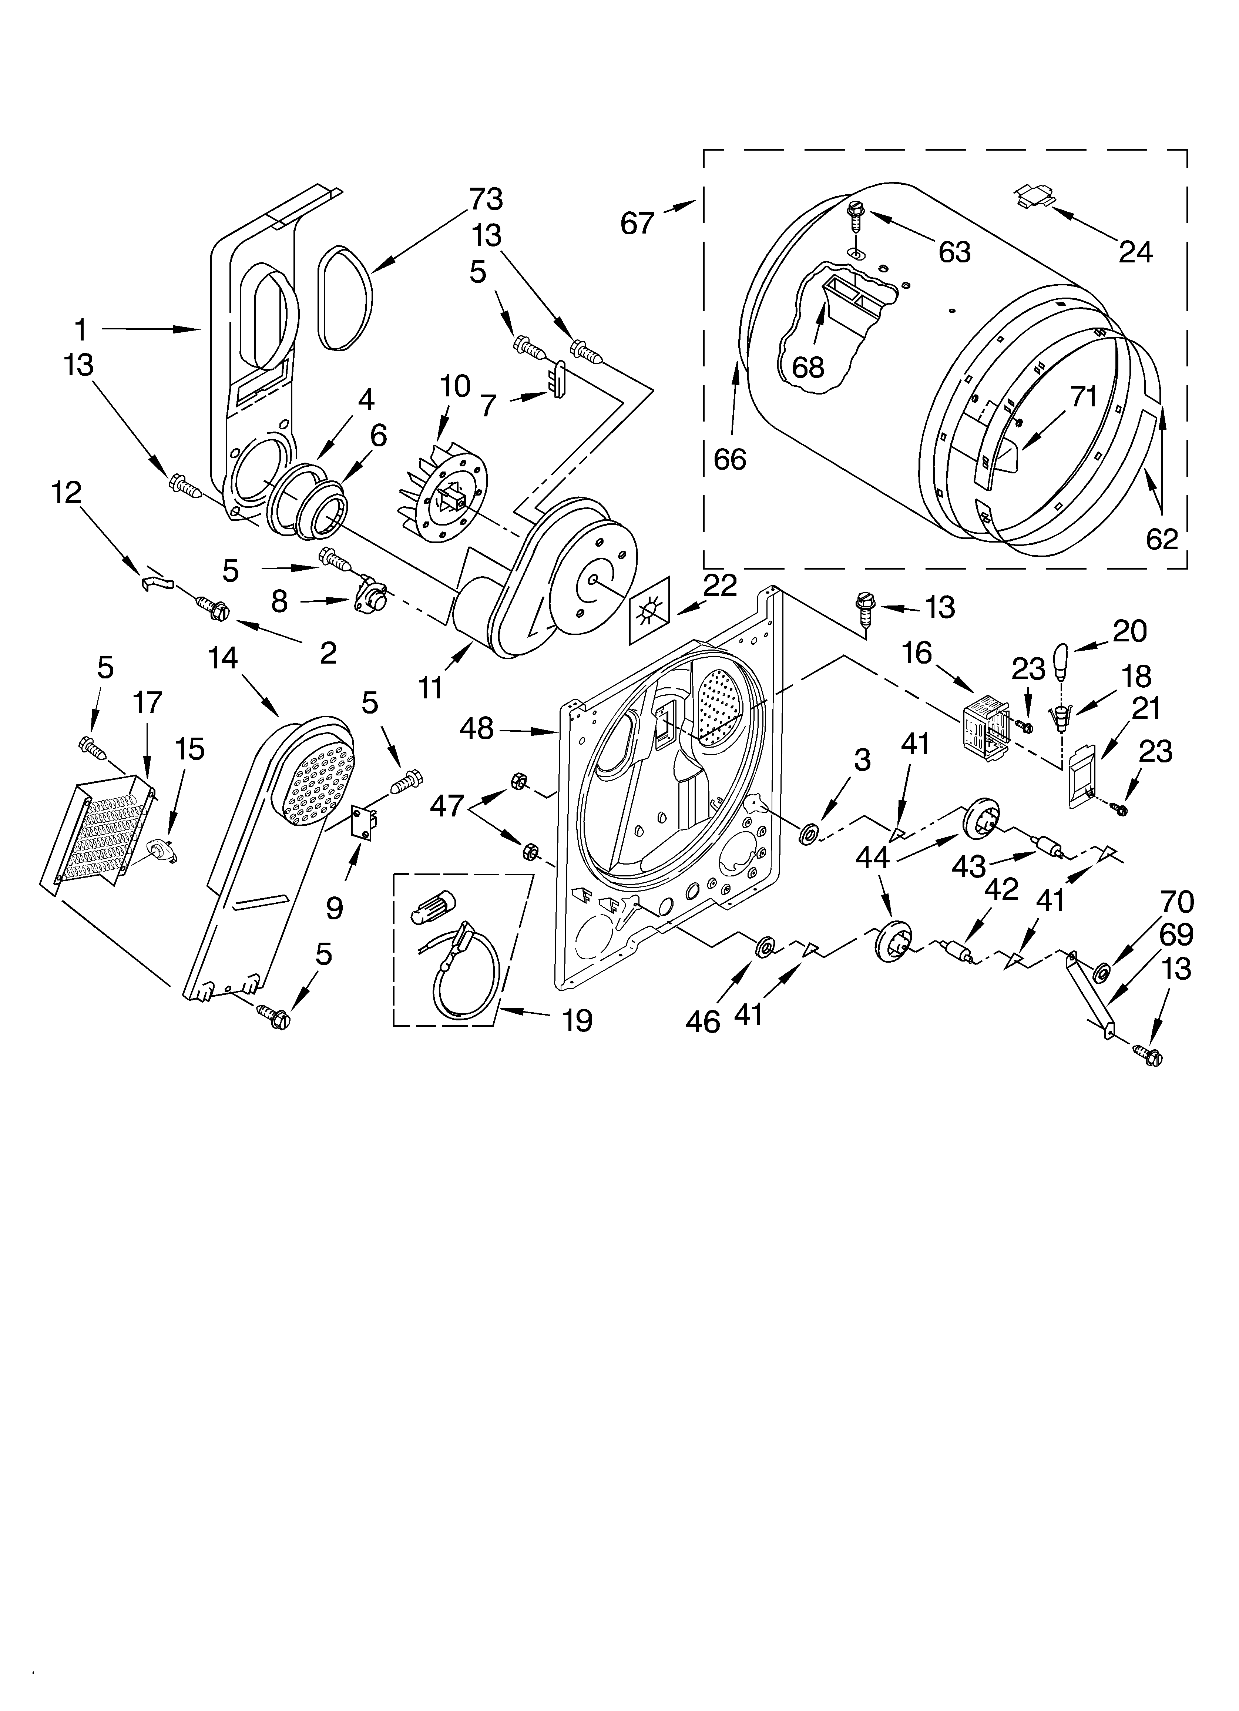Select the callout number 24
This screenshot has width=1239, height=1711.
click(x=1135, y=252)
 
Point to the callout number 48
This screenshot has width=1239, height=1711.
click(x=476, y=729)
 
